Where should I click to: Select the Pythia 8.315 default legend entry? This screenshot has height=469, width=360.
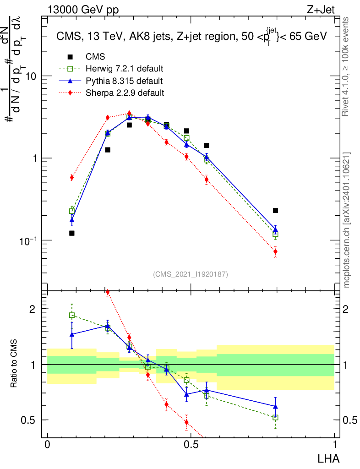124,81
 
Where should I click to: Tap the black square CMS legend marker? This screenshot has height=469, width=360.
70,57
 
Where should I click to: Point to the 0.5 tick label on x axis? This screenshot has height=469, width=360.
191,445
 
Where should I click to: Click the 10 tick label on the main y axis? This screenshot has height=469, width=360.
32,76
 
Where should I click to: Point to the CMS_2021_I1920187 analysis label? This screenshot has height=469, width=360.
191,274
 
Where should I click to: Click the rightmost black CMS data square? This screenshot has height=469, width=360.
275,211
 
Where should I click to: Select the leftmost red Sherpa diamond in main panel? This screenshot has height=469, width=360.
72,177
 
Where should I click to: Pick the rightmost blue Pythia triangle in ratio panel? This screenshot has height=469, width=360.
275,406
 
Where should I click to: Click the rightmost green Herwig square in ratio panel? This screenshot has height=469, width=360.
275,417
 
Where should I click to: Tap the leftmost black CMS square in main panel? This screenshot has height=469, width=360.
72,233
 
